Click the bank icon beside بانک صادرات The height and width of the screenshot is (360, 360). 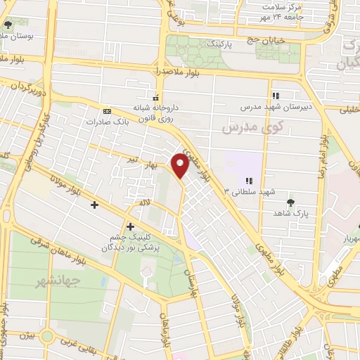coord(106,111)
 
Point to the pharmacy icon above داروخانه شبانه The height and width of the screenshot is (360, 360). coord(157,96)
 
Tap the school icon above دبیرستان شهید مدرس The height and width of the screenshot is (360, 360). coord(276,95)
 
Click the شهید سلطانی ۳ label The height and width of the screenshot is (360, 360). coord(250,191)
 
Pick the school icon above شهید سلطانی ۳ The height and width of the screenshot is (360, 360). coord(249,180)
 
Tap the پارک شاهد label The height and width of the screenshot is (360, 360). coord(293,212)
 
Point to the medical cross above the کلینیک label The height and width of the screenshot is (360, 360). coord(130,226)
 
